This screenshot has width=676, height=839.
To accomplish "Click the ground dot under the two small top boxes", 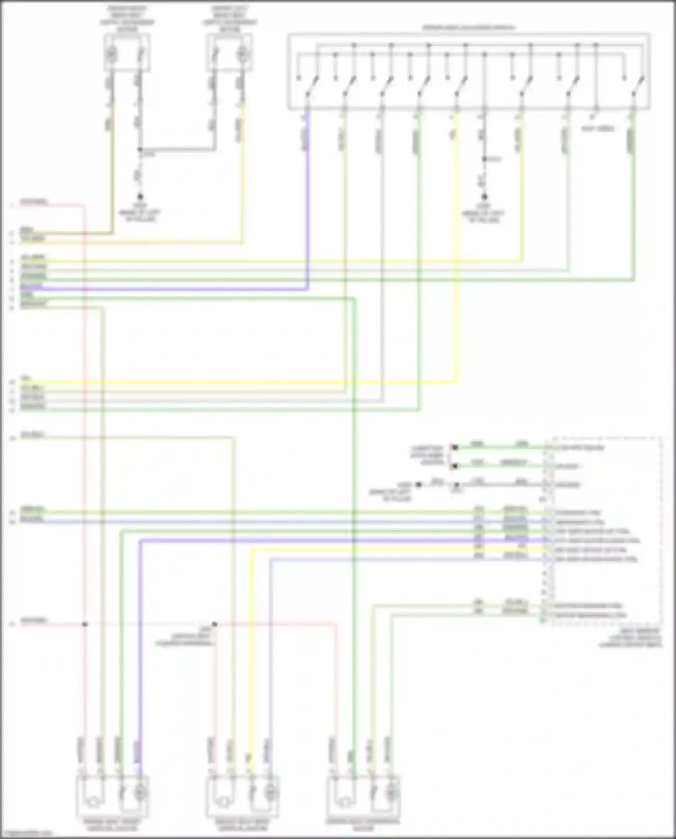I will click(x=140, y=197).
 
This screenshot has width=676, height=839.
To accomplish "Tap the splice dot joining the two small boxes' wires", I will click(x=140, y=149).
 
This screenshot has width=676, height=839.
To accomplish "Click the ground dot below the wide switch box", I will click(x=484, y=197).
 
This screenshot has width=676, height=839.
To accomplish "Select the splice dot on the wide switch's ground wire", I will click(x=484, y=159).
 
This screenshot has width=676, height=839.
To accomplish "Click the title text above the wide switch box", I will click(x=469, y=28).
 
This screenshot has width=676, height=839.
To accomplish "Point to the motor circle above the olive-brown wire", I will click(x=111, y=55).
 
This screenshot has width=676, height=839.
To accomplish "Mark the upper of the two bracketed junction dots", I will click(x=455, y=448).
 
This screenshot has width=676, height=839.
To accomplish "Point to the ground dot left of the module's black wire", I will click(x=419, y=485).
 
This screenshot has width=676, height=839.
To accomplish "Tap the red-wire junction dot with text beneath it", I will click(x=215, y=624).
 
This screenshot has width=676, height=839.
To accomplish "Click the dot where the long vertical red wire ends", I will click(x=85, y=624).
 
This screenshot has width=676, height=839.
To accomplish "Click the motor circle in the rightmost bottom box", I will click(x=392, y=792).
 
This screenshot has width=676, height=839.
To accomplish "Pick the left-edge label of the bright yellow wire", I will click(x=25, y=379).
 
